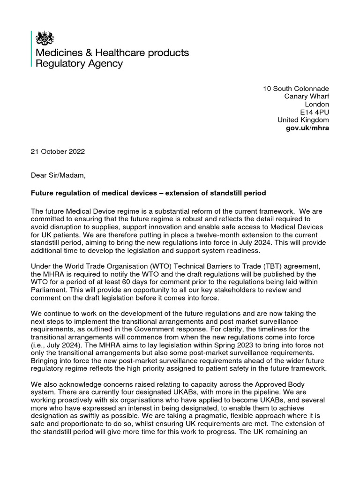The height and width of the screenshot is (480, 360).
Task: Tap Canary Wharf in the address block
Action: pyautogui.click(x=307, y=97)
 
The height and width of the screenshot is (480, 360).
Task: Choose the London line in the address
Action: pyautogui.click(x=317, y=104)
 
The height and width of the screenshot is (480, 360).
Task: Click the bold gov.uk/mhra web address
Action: pyautogui.click(x=307, y=128)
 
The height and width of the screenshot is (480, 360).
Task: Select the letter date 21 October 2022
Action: pyautogui.click(x=58, y=152)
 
